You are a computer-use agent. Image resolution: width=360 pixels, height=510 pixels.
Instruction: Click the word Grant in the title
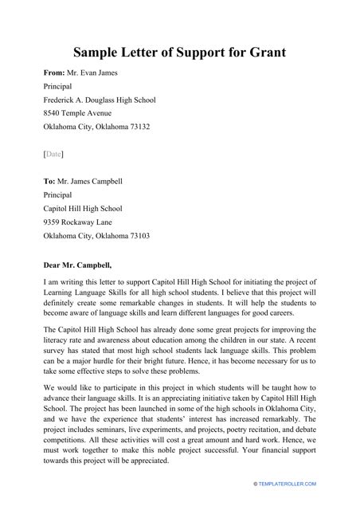264,53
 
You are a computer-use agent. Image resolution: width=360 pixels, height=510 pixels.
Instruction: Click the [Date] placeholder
53,153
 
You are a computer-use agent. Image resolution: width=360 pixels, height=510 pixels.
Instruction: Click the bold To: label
49,181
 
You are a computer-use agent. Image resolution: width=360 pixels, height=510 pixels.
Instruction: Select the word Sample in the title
100,53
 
